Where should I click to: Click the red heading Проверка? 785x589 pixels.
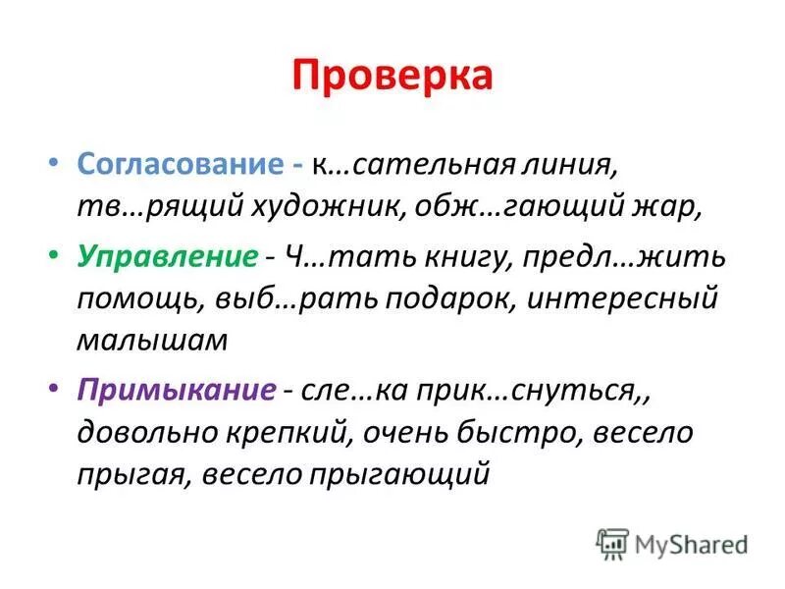click(392, 77)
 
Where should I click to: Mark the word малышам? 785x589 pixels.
click(151, 341)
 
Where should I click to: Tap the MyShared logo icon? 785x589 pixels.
click(611, 543)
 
